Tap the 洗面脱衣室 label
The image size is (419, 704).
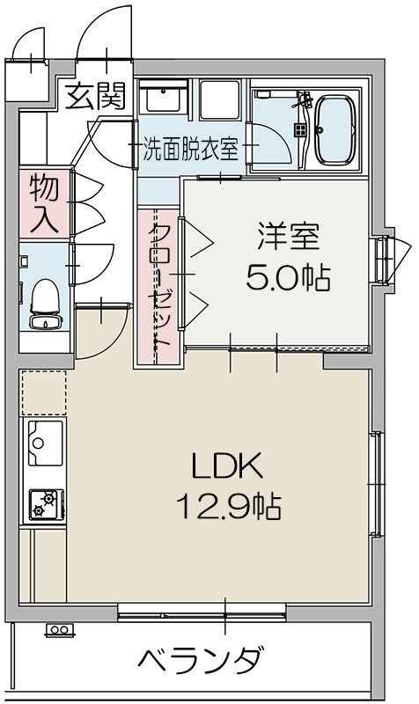191,149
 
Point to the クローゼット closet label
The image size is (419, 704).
160,286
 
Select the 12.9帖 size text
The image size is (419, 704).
228,506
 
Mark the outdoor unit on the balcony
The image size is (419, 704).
60,630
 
